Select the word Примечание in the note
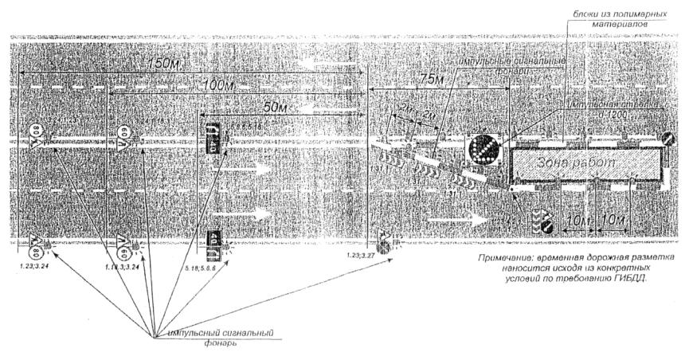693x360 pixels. pyautogui.click(x=508, y=259)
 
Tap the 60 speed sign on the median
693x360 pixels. pyautogui.click(x=122, y=135)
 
